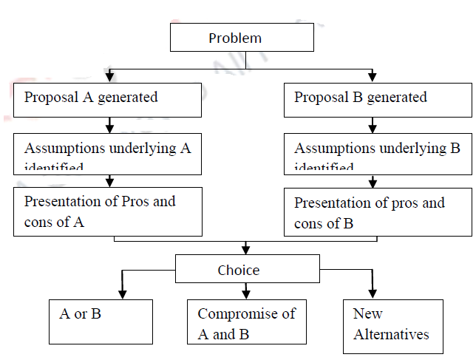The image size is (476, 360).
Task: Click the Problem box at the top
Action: click(234, 38)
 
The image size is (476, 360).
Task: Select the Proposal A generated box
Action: click(107, 99)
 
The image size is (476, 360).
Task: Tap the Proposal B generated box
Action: click(377, 99)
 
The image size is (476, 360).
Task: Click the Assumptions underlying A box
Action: click(107, 152)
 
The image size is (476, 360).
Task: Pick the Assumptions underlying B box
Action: click(377, 152)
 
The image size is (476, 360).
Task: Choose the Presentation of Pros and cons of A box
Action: click(107, 211)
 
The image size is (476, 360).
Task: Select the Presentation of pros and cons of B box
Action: click(377, 211)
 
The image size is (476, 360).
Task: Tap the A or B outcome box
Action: click(101, 322)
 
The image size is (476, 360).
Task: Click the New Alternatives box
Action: click(392, 326)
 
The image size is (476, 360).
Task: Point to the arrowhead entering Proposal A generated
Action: click(110, 76)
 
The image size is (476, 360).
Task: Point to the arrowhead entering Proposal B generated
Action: click(372, 76)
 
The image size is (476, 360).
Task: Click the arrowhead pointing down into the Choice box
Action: click(246, 249)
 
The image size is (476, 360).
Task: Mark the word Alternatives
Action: click(391, 334)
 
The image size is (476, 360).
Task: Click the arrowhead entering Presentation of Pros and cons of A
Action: click(110, 182)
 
